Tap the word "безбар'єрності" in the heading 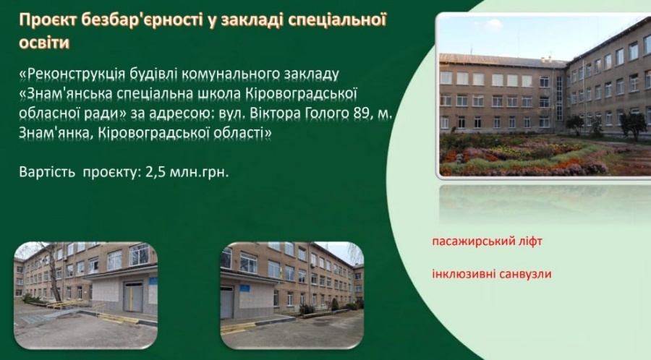coord(142,20)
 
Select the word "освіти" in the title coord(44,43)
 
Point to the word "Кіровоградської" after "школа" coord(302,94)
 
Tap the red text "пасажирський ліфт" coord(487,241)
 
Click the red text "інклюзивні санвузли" coord(492,274)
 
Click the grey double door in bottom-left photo coord(133,296)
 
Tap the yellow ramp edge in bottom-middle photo coord(238,328)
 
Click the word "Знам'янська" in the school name coord(68,94)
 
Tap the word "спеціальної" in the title coord(338,20)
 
